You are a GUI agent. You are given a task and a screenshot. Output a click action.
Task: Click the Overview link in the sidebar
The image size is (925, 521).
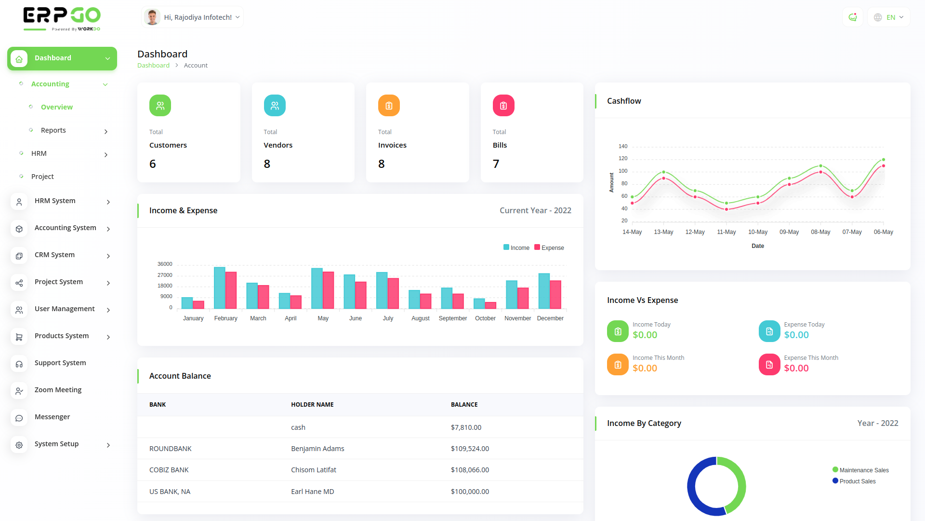point(56,107)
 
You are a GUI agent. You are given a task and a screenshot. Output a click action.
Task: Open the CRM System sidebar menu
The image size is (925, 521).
point(54,255)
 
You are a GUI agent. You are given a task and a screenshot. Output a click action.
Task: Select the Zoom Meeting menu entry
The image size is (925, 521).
point(58,390)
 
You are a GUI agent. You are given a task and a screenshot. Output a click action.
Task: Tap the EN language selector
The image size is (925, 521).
point(889,17)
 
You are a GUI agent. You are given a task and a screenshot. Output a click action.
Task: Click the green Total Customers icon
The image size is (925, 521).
point(160,106)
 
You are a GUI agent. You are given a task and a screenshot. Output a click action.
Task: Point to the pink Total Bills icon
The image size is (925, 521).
point(503,106)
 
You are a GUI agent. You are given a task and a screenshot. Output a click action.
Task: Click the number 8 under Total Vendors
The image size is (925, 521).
point(267,164)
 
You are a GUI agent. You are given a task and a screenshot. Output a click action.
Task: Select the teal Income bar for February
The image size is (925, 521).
point(220,288)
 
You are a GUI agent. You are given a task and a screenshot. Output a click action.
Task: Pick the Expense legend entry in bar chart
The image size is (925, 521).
point(549,248)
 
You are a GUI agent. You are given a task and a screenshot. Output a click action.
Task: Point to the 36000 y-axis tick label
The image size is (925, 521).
point(165,264)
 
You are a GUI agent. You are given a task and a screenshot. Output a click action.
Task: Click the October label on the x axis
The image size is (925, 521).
point(485,318)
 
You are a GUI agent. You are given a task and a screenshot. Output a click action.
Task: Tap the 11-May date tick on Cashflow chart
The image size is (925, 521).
point(726,232)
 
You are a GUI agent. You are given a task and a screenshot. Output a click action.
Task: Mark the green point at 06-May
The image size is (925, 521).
point(884,160)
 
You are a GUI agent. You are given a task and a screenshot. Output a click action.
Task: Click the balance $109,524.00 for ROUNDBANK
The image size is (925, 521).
point(470,449)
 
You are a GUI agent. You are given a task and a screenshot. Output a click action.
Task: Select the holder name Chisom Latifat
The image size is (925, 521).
point(314,470)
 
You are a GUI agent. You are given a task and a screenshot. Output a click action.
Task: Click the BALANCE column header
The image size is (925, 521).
point(464,405)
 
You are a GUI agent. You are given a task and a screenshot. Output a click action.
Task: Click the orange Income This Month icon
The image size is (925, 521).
point(618,365)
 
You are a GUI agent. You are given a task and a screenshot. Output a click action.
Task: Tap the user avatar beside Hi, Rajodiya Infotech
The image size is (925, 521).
point(152,17)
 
